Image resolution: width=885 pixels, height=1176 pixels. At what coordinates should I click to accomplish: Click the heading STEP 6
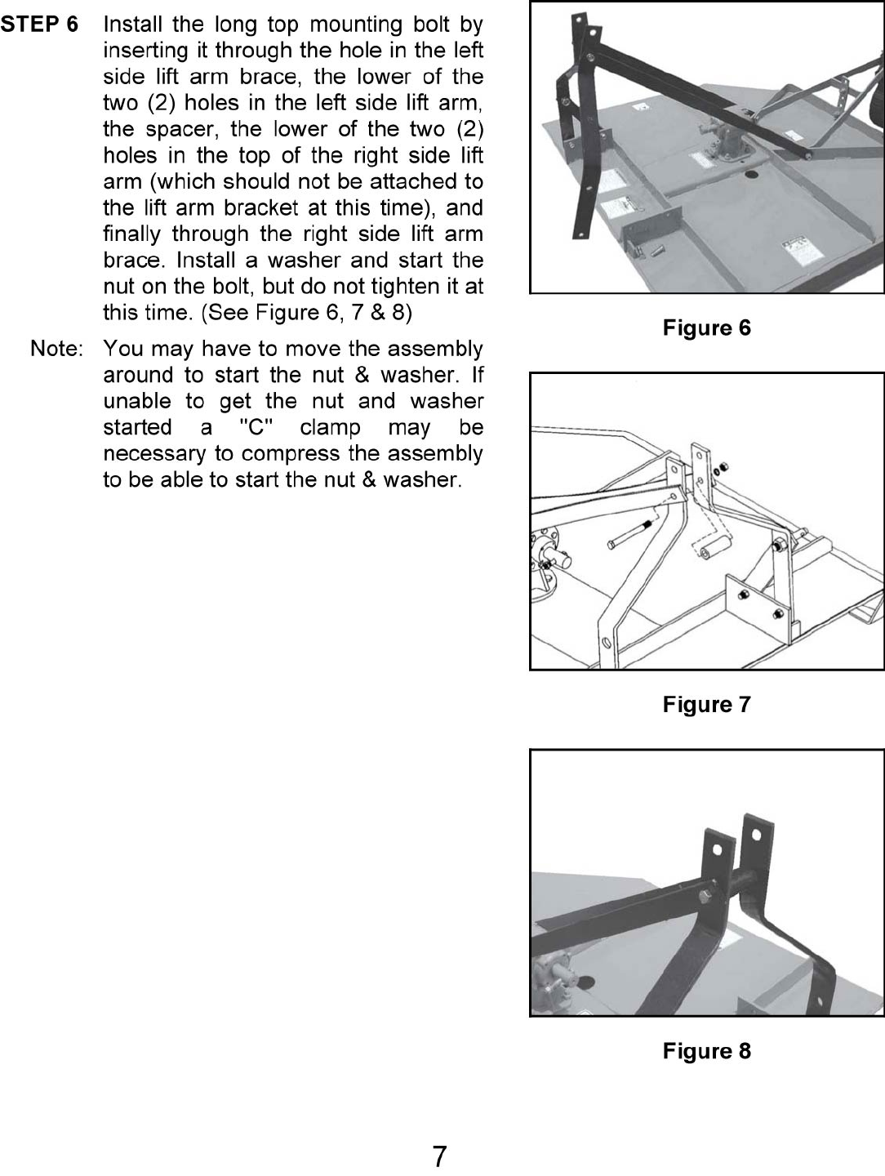coord(39,24)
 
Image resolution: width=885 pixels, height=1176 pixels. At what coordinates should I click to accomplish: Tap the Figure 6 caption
coord(706,328)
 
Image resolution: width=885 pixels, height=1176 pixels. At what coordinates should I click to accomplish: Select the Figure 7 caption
coord(706,704)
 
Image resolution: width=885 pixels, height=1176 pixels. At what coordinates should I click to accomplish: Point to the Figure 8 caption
coord(706,1051)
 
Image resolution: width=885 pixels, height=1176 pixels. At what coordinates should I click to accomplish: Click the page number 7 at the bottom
coord(439,1156)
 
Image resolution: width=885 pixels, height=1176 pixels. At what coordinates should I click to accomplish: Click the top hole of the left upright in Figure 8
coord(715,850)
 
